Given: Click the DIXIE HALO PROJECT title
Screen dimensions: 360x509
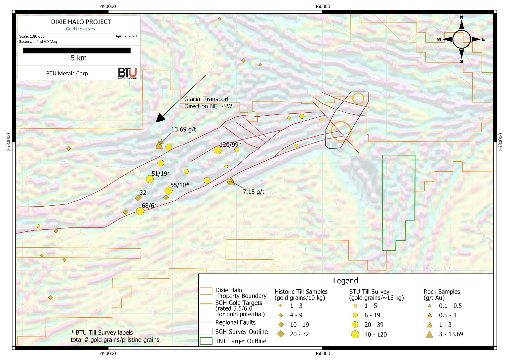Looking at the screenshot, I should (81, 22).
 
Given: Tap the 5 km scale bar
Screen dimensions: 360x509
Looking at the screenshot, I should (77, 51).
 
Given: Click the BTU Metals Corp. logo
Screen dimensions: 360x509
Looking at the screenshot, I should (128, 73).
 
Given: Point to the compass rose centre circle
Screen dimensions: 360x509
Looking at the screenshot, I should (461, 39).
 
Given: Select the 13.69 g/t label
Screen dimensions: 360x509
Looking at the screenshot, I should (183, 129).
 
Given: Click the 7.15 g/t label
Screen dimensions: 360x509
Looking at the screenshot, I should (254, 192).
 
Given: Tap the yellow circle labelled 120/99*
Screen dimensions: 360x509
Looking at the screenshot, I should (217, 150).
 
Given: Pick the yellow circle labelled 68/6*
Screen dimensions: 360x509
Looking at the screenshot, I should (140, 211).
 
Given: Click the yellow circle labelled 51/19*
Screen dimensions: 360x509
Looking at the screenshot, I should (150, 179).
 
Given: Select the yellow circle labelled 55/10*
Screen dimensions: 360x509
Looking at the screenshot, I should (169, 190).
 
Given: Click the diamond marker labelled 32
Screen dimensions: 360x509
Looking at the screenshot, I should (138, 198).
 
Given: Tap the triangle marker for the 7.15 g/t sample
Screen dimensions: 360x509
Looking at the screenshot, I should (231, 181).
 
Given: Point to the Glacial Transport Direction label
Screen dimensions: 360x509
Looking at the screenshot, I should (208, 102).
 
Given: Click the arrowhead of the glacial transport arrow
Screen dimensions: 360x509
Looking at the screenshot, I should (160, 118).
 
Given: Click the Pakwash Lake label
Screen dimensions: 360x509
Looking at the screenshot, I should (442, 269).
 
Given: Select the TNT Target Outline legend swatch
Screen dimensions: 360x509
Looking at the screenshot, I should (206, 341).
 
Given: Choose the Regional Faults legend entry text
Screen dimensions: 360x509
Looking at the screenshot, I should (235, 322).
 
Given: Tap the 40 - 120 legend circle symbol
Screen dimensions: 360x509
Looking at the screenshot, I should (355, 334).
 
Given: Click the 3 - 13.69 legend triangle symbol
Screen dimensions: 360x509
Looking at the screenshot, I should (430, 334).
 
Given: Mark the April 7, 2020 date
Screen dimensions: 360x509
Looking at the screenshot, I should (126, 36).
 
